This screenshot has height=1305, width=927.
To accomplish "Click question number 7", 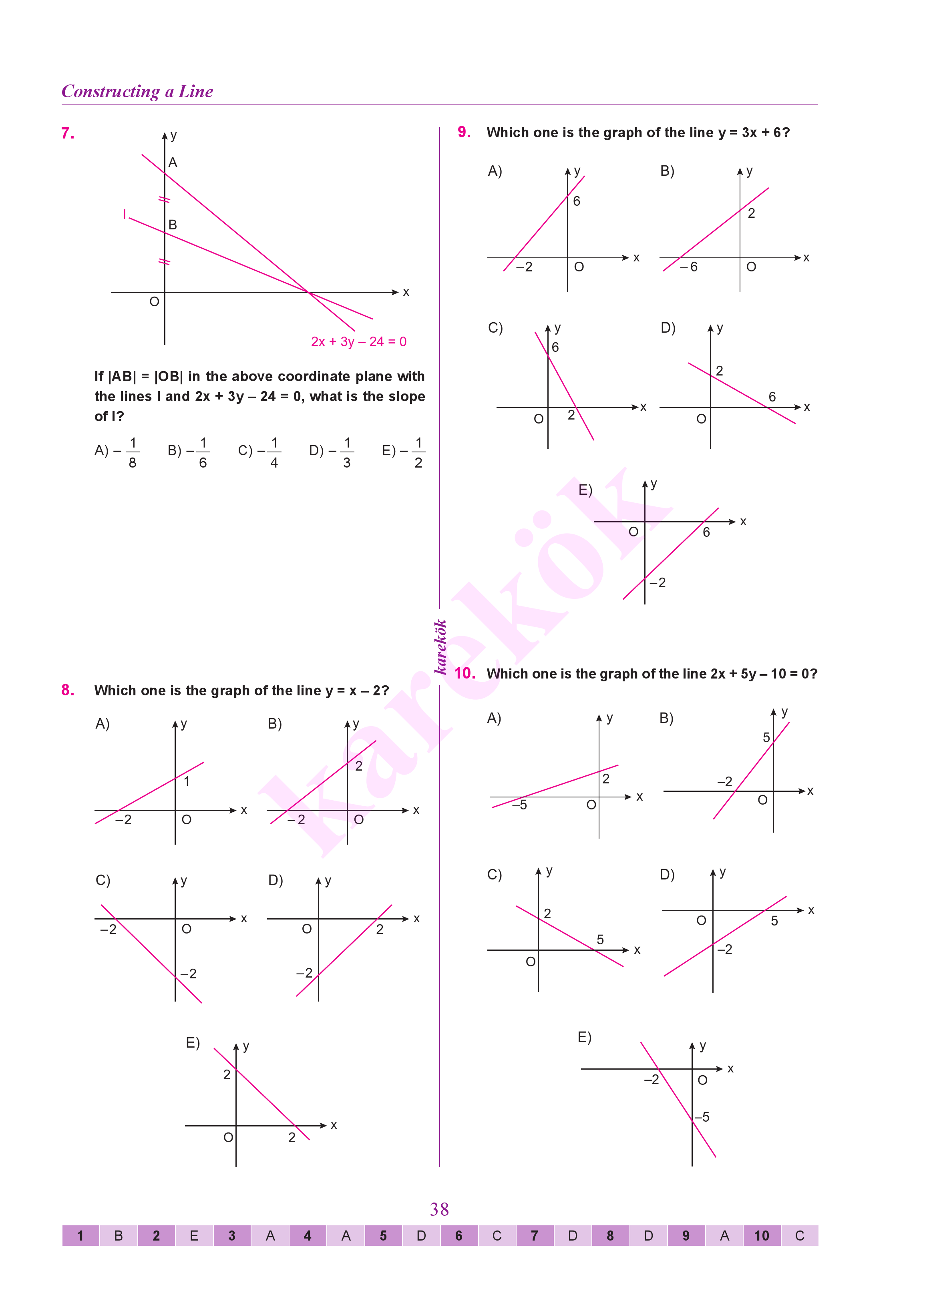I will point(67,134).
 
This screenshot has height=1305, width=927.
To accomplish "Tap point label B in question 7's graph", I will point(172,225).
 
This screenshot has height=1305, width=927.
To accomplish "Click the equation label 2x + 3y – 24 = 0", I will point(358,342).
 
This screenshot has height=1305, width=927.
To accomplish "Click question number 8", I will point(67,691).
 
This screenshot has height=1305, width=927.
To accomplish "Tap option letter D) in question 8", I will point(276,880).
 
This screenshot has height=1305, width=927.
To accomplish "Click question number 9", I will point(464,133).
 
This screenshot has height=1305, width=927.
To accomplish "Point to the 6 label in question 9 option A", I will point(577,201).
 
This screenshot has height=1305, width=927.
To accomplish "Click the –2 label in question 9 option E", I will point(658,582).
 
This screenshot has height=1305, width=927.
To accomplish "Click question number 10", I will point(465,673).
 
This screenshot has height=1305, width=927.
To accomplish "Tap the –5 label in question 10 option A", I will point(519,805).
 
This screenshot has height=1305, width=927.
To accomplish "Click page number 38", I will point(439,1209).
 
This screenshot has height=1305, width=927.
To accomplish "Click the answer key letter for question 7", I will point(573,1236).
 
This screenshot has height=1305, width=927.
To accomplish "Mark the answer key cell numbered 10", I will point(762,1236).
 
